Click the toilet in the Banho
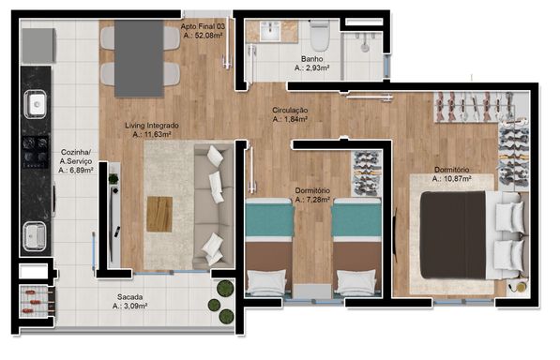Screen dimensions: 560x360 320,35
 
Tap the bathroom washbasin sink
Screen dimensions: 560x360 270,31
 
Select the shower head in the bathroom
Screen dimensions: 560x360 365,47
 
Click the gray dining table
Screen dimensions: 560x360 139,58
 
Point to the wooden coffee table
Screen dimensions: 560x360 159,214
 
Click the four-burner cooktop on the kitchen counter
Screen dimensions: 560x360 36,152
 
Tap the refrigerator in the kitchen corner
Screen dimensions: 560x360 38,46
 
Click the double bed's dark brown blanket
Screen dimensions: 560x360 453,234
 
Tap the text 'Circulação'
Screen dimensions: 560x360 290,111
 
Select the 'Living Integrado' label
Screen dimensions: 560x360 152,126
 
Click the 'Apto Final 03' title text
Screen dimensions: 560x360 203,26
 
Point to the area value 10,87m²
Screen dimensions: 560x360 451,179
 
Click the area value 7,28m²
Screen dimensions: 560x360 312,200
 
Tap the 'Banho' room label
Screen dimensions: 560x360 311,59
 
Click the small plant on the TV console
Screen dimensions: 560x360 114,179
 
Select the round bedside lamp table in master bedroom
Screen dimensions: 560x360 521,287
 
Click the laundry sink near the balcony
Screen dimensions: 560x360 35,236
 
